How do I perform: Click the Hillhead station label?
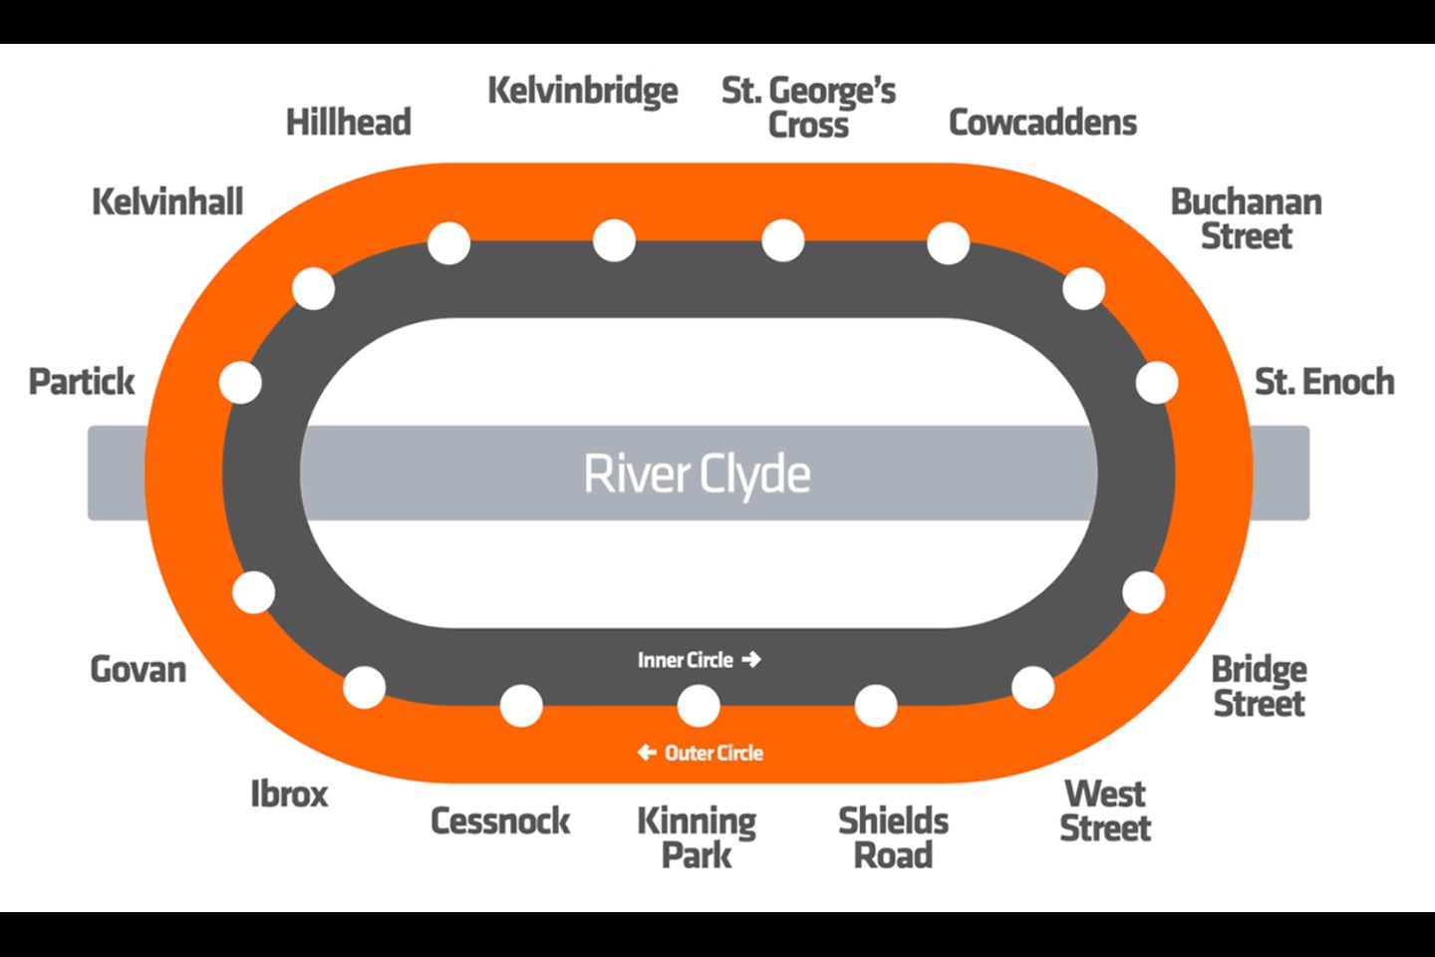pyautogui.click(x=349, y=123)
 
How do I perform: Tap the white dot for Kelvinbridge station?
pyautogui.click(x=614, y=240)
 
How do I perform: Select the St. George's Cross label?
pyautogui.click(x=808, y=107)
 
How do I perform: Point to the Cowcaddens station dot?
pyautogui.click(x=948, y=243)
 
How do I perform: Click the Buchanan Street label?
pyautogui.click(x=1246, y=218)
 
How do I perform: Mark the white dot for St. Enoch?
pyautogui.click(x=1157, y=383)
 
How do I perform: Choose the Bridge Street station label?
pyautogui.click(x=1259, y=686)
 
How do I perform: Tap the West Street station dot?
pyautogui.click(x=1032, y=688)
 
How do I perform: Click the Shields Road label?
pyautogui.click(x=893, y=837)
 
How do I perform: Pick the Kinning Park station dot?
pyautogui.click(x=698, y=706)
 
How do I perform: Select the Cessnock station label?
pyautogui.click(x=500, y=820)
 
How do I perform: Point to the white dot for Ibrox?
pyautogui.click(x=364, y=688)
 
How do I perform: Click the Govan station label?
pyautogui.click(x=139, y=669)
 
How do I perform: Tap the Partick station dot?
pyautogui.click(x=240, y=383)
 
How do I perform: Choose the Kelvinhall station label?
pyautogui.click(x=167, y=202)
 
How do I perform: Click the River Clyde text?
pyautogui.click(x=697, y=474)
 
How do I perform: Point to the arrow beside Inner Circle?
pyautogui.click(x=752, y=659)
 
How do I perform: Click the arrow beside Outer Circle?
pyautogui.click(x=647, y=753)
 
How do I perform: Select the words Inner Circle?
pyautogui.click(x=685, y=660)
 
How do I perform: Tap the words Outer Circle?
pyautogui.click(x=714, y=753)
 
